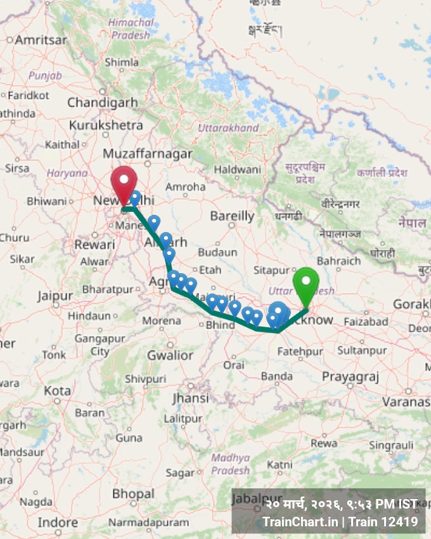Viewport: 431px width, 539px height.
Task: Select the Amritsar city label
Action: (x=41, y=39)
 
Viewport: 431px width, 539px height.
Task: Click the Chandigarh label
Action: (x=102, y=102)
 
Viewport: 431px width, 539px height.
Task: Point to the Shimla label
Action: (x=121, y=62)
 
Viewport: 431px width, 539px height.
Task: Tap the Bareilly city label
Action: (x=232, y=216)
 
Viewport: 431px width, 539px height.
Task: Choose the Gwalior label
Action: (x=170, y=355)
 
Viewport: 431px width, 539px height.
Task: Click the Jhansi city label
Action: (x=190, y=398)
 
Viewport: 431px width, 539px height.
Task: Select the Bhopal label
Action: (x=133, y=493)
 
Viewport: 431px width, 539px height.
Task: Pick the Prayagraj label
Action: (x=350, y=377)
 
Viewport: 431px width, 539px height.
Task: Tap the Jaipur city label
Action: (x=55, y=295)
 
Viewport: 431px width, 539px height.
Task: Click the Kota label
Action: (x=57, y=390)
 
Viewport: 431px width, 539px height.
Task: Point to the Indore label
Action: (x=58, y=523)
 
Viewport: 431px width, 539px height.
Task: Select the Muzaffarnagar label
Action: (x=148, y=154)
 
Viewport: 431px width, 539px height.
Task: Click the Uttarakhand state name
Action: (x=228, y=128)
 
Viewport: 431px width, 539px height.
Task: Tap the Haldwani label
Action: (x=237, y=170)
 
